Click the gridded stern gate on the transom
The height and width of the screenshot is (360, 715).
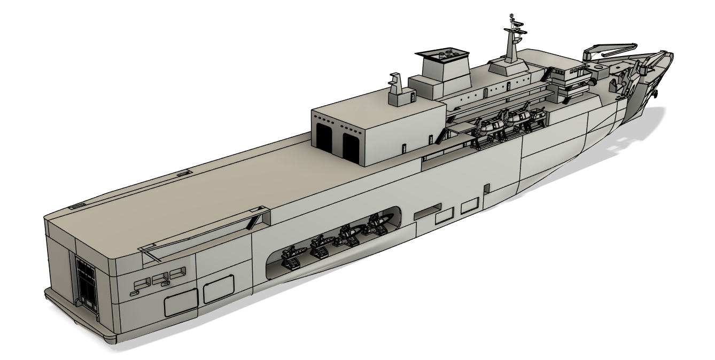tap(84, 282)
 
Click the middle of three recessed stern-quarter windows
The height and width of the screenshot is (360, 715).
tap(159, 279)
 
